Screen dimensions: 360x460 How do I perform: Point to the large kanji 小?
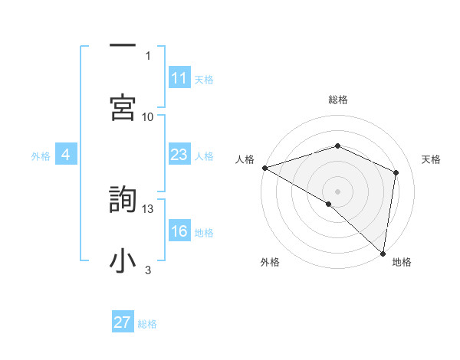pos(123,260)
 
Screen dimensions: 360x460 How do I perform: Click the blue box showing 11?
pos(179,78)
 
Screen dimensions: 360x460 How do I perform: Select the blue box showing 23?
pos(179,155)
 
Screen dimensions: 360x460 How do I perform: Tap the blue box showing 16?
pos(179,232)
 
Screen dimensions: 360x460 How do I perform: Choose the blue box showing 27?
pos(123,322)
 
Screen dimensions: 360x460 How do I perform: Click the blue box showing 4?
pos(66,155)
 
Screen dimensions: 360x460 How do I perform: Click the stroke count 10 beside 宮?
pos(148,116)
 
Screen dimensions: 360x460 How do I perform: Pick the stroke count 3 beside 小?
pos(148,270)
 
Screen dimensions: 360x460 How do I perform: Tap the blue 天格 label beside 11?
pos(204,80)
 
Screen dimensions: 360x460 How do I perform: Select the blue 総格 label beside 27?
pos(147,324)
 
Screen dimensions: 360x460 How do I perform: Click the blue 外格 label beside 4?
pos(41,156)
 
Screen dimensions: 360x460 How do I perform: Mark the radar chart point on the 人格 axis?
pos(264,168)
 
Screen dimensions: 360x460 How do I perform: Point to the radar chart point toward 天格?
pos(396,172)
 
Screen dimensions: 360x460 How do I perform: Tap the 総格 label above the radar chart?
pos(338,100)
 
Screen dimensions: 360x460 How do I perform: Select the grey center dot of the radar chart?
pos(338,191)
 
